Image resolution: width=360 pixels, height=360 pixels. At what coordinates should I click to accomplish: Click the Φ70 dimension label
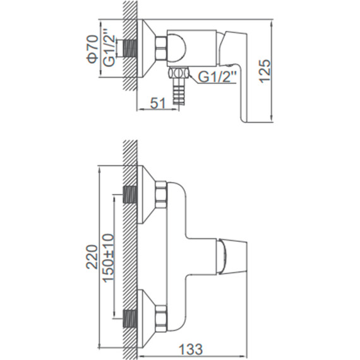click(92, 49)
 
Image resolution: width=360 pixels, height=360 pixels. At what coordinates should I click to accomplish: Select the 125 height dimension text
click(265, 71)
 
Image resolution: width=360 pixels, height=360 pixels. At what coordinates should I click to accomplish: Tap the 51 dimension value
click(158, 103)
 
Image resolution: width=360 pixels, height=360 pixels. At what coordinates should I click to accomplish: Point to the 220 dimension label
click(92, 256)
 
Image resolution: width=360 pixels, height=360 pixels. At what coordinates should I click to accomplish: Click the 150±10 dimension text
click(108, 258)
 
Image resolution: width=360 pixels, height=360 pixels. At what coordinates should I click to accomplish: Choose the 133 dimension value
click(191, 349)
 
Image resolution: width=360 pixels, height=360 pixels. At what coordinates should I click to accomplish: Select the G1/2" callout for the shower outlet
click(217, 77)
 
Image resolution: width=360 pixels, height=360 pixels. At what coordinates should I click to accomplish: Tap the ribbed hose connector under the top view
click(178, 91)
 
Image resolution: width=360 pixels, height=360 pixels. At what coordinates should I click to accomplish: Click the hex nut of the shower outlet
click(178, 73)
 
